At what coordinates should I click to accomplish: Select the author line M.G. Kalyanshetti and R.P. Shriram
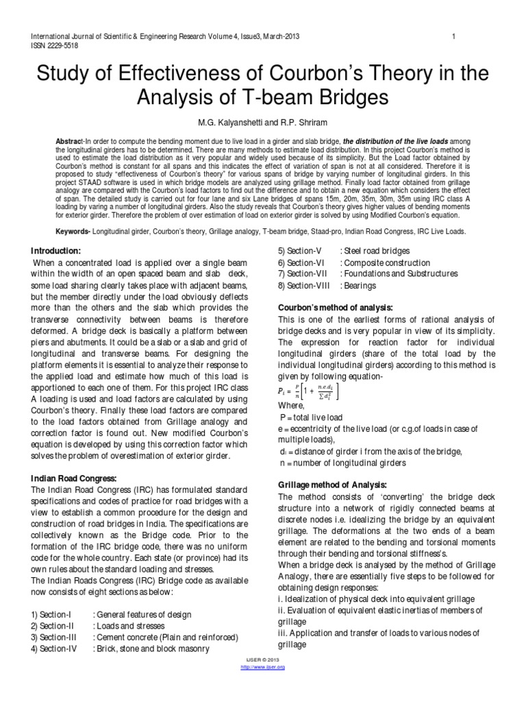262,121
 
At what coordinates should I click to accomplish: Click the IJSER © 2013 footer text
263,659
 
